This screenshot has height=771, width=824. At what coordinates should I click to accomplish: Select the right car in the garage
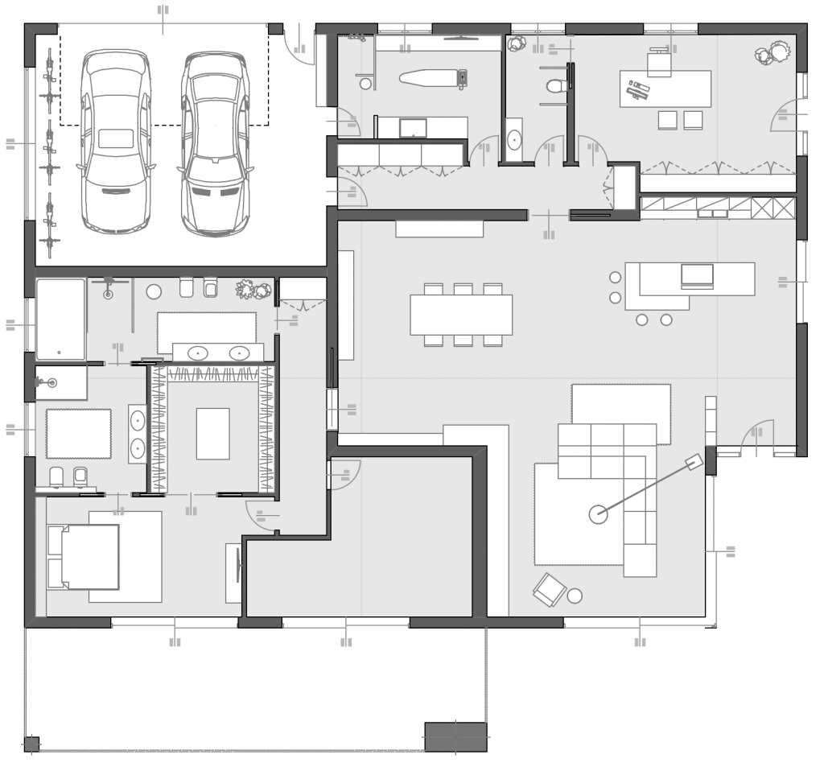[x=214, y=145]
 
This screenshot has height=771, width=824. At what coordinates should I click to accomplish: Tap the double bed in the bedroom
[x=84, y=557]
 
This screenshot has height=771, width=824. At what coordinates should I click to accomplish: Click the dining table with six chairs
[x=461, y=315]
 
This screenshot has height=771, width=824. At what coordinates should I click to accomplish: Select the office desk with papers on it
[x=665, y=89]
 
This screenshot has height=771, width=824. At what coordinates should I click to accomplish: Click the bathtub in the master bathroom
[x=60, y=319]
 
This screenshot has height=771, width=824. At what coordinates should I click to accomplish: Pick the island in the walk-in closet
[x=212, y=433]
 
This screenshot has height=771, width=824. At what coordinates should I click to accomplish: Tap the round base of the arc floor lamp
[x=598, y=513]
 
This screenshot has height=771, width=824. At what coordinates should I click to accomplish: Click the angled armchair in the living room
[x=550, y=590]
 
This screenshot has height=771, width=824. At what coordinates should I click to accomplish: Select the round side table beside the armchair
[x=575, y=596]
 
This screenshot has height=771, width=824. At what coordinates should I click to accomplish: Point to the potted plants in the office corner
[x=773, y=54]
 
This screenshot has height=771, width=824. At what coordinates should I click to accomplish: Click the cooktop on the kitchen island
[x=697, y=275]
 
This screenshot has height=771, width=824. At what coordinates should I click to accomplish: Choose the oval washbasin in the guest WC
[x=514, y=140]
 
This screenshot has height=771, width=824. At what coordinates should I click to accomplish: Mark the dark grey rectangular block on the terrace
[x=455, y=736]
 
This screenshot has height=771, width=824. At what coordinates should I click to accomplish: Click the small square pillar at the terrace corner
[x=31, y=744]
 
